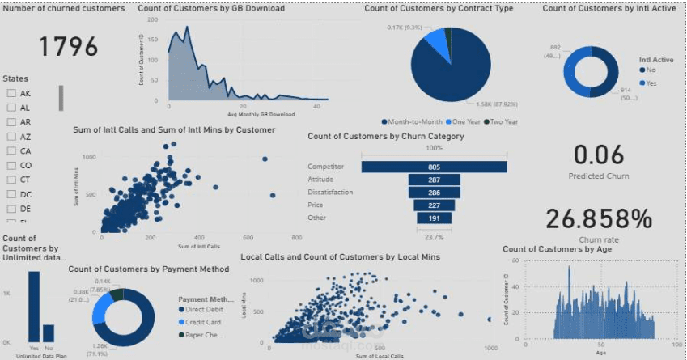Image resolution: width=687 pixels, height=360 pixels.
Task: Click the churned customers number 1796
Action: (x=69, y=46)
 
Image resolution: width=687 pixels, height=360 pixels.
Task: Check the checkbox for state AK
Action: (x=11, y=93)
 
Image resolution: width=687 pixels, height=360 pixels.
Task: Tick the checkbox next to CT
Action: (x=11, y=179)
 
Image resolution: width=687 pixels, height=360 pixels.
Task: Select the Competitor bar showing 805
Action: (x=434, y=167)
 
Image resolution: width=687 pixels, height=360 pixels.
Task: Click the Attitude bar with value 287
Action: (x=434, y=180)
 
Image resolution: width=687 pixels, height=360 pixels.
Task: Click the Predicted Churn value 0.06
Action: (x=599, y=155)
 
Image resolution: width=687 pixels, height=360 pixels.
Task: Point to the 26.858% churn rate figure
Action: (x=598, y=218)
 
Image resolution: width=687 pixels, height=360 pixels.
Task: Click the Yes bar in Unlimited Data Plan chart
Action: (x=33, y=305)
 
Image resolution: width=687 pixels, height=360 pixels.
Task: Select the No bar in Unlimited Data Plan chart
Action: (x=49, y=332)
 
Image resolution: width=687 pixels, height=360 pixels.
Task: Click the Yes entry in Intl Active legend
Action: (x=648, y=83)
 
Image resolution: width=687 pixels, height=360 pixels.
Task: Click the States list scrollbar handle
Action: (x=60, y=98)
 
